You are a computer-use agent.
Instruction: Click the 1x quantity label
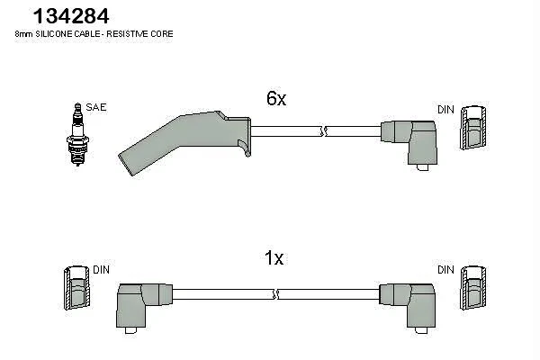(x=274, y=258)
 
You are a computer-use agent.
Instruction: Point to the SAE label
(x=97, y=107)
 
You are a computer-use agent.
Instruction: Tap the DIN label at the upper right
(x=445, y=109)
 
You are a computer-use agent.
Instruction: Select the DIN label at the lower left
(x=101, y=269)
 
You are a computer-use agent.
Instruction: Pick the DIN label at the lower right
(x=445, y=269)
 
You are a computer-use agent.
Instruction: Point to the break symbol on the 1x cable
(x=274, y=293)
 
